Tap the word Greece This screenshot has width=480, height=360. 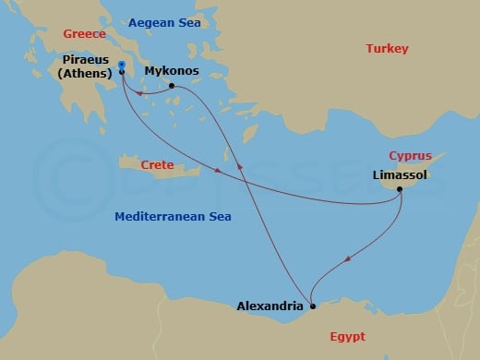click(82, 34)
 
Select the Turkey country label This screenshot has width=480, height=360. click(387, 48)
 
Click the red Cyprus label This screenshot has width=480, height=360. click(411, 156)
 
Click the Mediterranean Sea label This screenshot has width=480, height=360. click(173, 217)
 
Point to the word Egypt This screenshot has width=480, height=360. click(347, 336)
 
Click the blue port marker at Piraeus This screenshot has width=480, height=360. click(122, 65)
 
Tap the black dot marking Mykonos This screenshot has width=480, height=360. click(172, 86)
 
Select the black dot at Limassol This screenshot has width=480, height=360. click(400, 190)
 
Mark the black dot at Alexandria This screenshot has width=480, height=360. click(313, 306)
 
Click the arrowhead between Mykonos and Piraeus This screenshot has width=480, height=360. click(139, 92)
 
